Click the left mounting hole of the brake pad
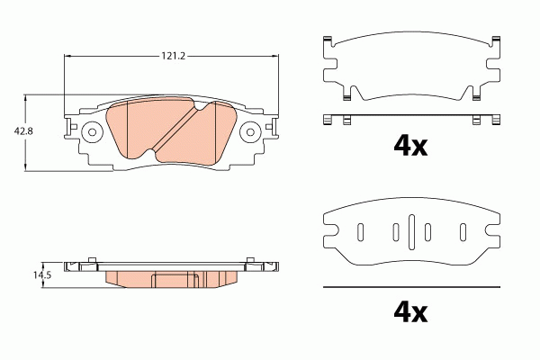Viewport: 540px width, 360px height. [90, 133]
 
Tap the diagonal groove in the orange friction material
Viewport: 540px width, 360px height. [178, 130]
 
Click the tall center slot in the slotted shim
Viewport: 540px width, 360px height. [410, 232]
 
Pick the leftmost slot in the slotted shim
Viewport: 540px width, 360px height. [360, 232]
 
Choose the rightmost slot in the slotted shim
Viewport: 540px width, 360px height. [463, 232]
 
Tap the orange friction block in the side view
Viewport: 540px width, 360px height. [171, 277]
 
